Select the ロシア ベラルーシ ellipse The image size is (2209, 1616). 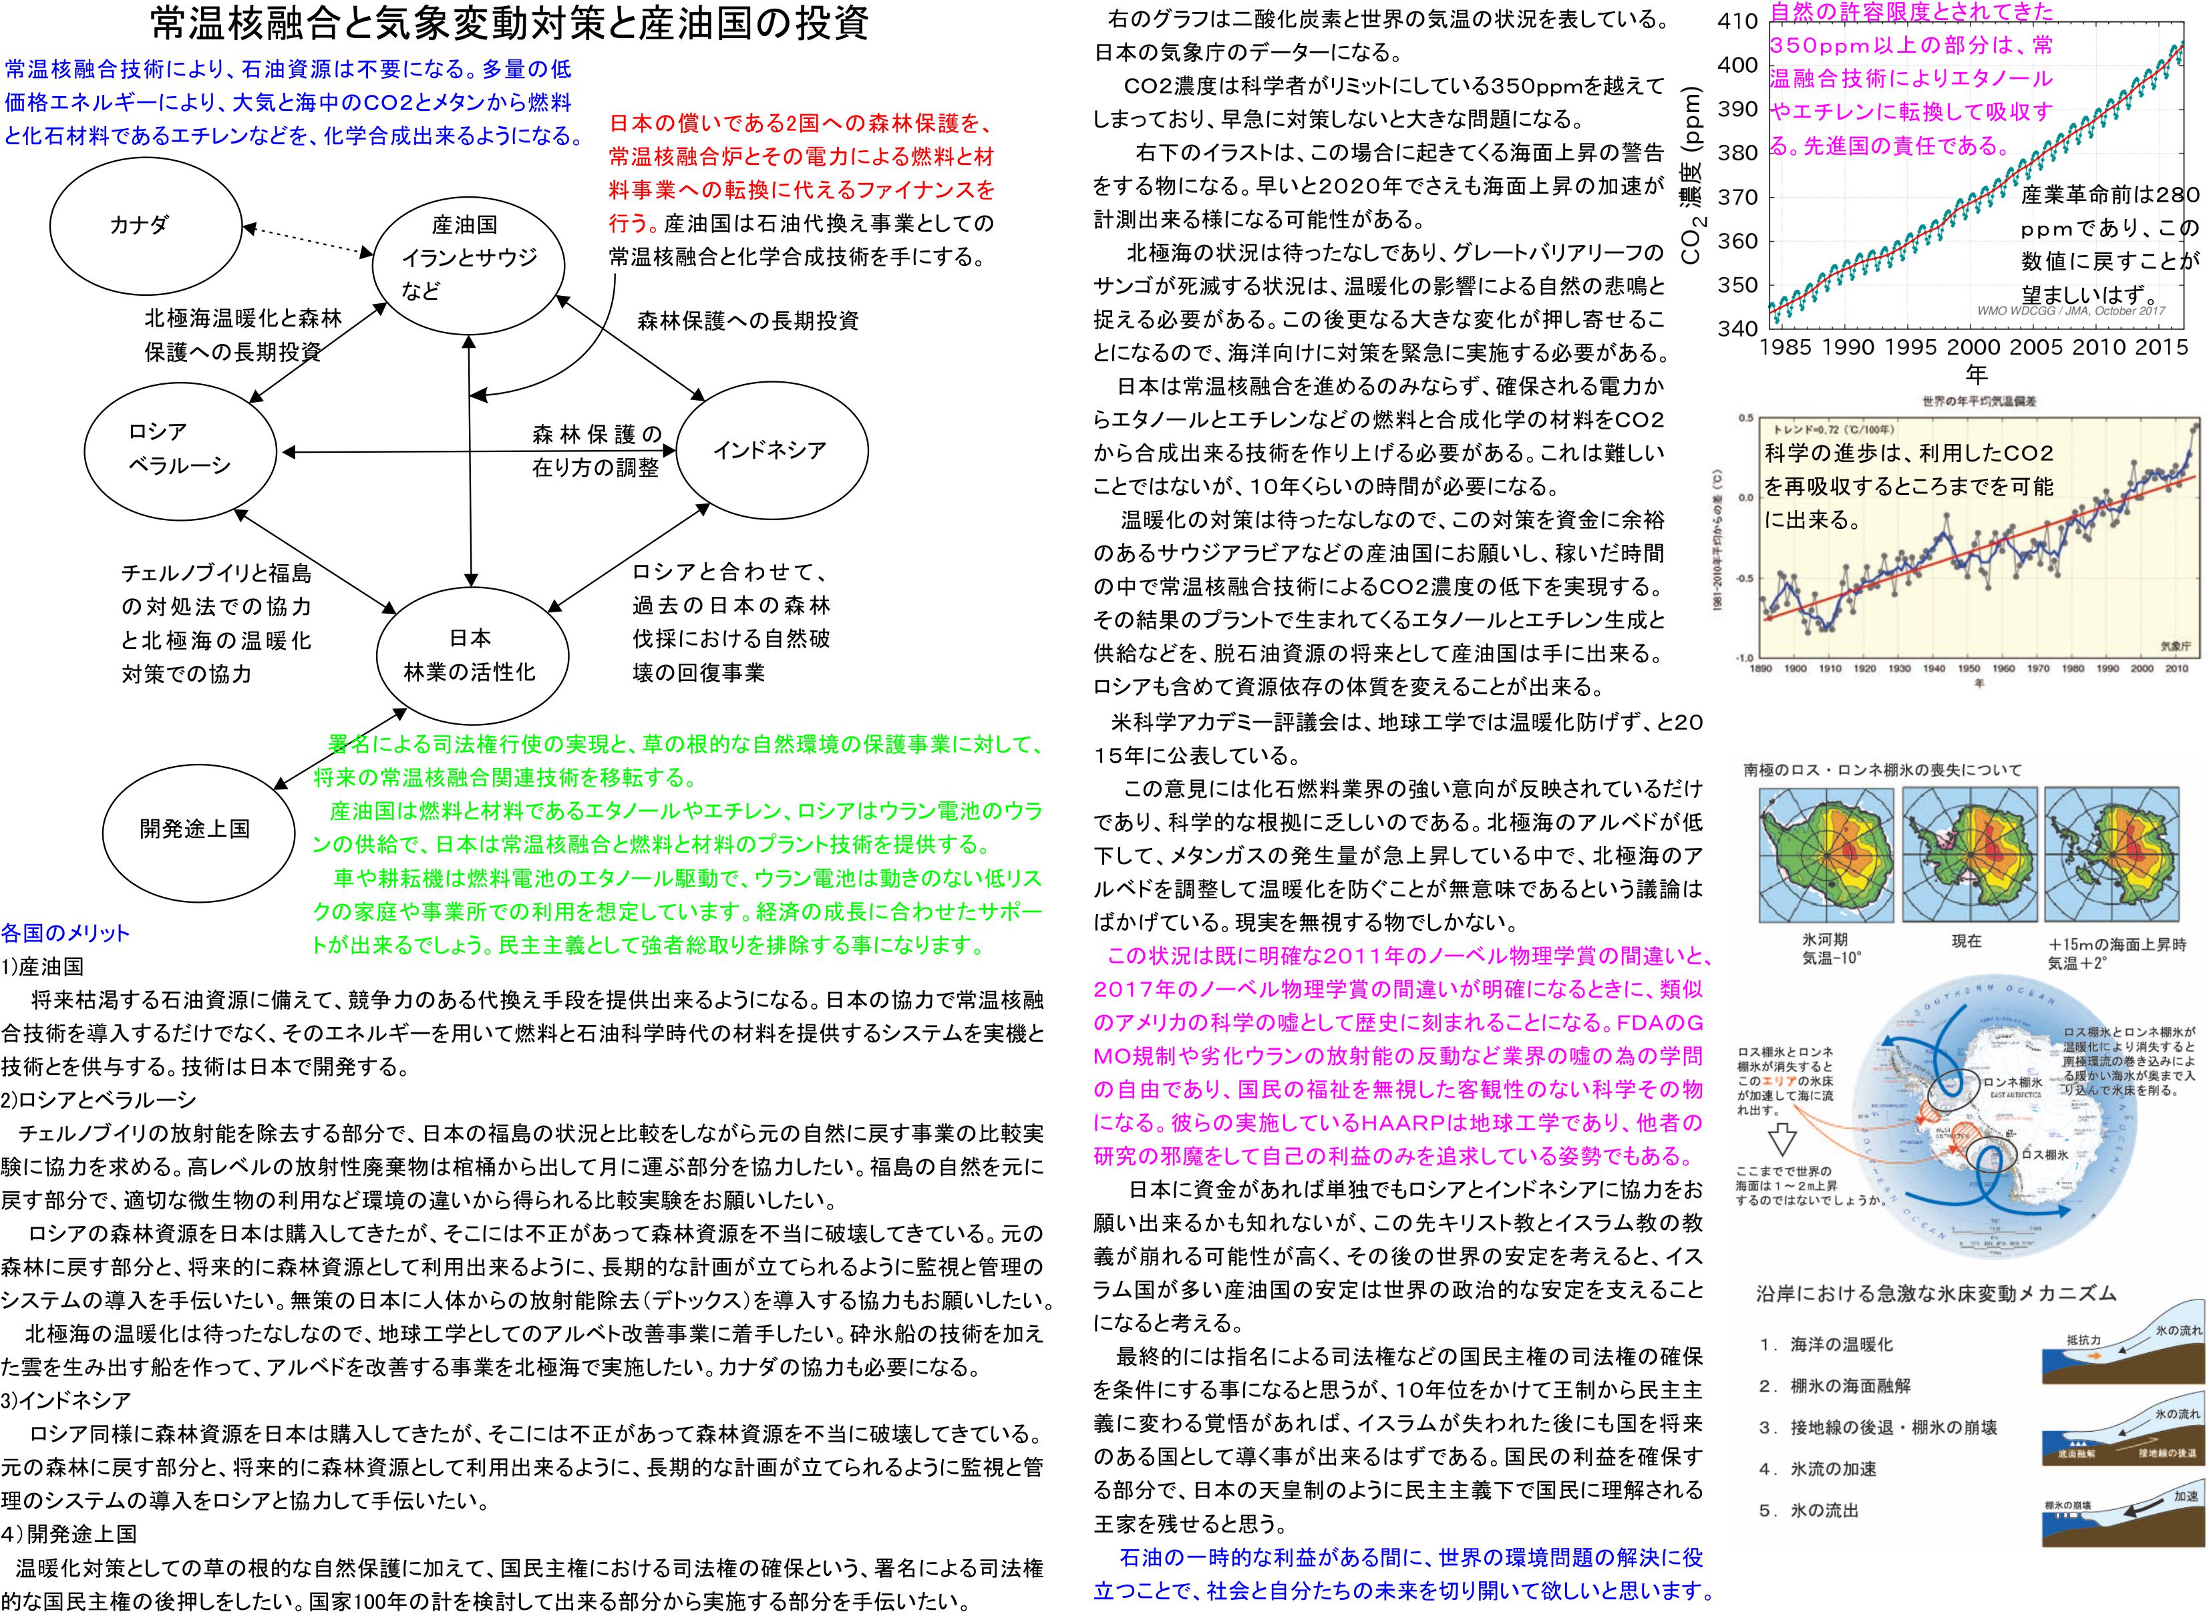click(x=181, y=450)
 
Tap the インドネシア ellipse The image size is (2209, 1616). click(x=771, y=451)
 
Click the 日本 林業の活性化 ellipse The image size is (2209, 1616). click(x=470, y=654)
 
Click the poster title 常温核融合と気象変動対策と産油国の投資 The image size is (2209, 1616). click(x=510, y=23)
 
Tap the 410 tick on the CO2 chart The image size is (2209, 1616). click(x=1737, y=21)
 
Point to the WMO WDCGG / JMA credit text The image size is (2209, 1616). click(x=2070, y=311)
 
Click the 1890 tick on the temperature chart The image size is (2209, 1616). click(x=1760, y=669)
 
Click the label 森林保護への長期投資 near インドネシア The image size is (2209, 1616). click(x=747, y=321)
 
